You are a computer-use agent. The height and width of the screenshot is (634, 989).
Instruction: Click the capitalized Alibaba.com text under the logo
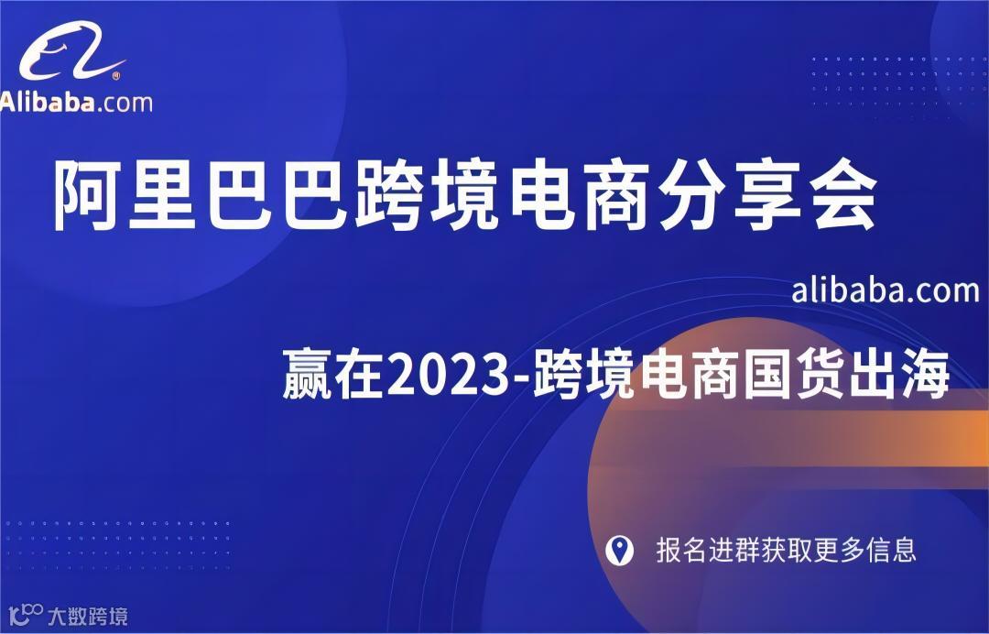[77, 102]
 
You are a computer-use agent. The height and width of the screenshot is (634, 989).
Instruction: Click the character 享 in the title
[763, 195]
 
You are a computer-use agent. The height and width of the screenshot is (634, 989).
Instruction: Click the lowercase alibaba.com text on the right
[885, 290]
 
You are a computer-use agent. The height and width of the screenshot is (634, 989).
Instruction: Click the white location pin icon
[620, 550]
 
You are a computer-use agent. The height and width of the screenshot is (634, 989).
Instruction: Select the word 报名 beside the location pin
[680, 550]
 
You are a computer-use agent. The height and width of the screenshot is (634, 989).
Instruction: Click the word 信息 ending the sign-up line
[893, 550]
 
